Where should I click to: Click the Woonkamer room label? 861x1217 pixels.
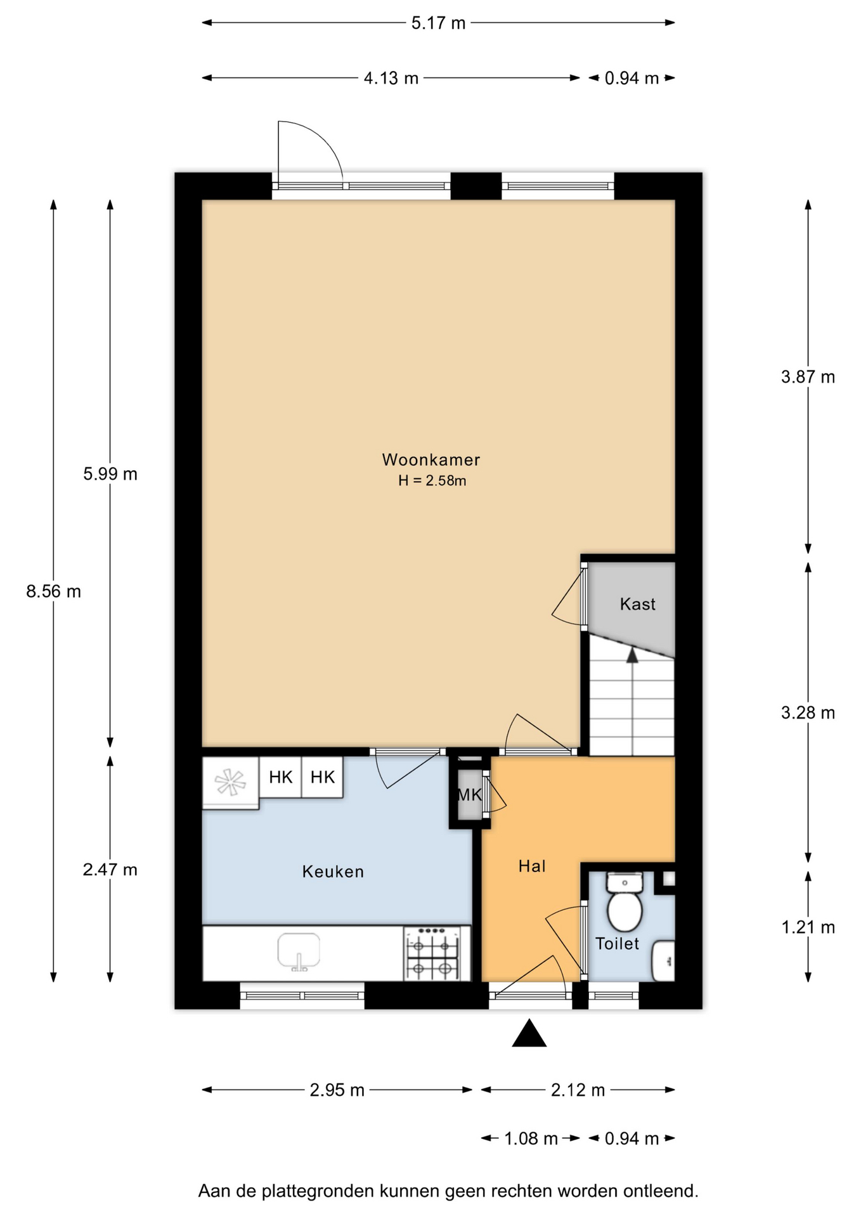coord(430,460)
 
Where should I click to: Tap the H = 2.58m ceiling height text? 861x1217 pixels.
coord(432,481)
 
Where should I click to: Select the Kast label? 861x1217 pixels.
coord(637,604)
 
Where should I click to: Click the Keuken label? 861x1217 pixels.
coord(333,872)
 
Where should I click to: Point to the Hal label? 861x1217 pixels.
coord(532,866)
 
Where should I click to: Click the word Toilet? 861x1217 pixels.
coord(617,944)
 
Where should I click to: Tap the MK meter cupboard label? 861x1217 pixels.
coord(469,794)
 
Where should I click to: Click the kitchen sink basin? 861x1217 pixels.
coord(299,951)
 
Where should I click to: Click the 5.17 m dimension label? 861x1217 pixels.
coord(438,23)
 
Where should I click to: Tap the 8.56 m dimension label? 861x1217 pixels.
coord(54,591)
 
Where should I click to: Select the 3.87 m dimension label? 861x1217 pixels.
coord(808,377)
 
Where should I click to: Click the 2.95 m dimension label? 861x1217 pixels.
coord(337,1090)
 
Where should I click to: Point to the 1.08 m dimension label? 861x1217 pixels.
coord(531,1139)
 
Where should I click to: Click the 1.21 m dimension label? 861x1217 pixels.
coord(808,927)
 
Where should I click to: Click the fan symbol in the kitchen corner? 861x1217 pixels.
coord(230,782)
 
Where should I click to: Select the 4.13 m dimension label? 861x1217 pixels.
coord(391,78)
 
